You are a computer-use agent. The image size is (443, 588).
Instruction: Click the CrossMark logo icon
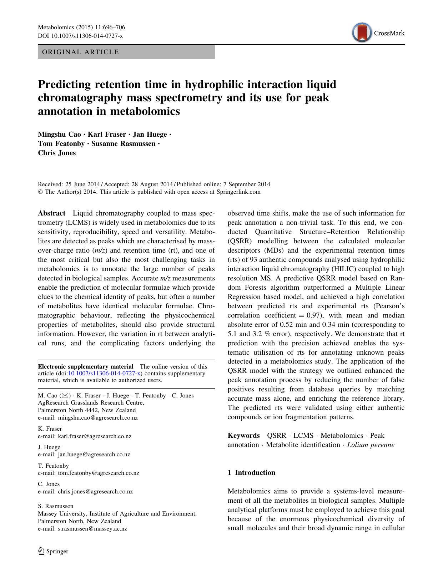point(361,33)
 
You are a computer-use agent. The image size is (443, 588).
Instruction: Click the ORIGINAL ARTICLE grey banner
point(126,52)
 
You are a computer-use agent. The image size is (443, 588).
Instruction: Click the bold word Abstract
point(52,213)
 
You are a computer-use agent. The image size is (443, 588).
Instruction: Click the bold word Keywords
point(244,435)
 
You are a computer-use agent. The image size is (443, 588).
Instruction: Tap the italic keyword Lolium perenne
point(371,445)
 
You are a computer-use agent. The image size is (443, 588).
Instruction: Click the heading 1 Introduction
point(251,472)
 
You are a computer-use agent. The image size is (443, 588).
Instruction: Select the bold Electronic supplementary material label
point(86,366)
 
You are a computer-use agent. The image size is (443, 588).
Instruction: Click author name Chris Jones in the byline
point(57,153)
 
